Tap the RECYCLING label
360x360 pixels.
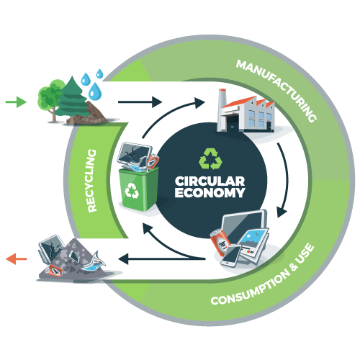(x=92, y=181)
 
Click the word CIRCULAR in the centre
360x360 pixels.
(x=210, y=181)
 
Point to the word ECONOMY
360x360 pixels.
(x=210, y=192)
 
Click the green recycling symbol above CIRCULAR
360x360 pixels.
(x=210, y=158)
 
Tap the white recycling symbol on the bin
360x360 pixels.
(x=132, y=191)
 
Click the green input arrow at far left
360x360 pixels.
(x=16, y=102)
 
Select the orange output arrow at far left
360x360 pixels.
(x=16, y=258)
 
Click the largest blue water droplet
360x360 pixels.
(x=95, y=91)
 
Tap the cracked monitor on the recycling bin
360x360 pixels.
(x=135, y=155)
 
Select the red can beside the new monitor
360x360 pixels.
(x=219, y=243)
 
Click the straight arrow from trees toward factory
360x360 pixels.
(x=140, y=102)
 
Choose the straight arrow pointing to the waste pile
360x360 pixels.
(x=162, y=259)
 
